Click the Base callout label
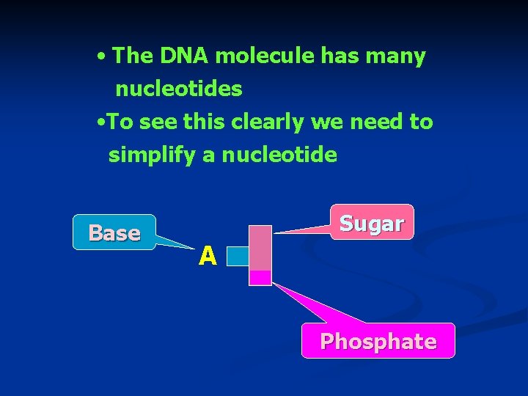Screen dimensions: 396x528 pos(114,233)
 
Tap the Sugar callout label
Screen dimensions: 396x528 pos(372,223)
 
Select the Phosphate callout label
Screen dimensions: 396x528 pos(378,342)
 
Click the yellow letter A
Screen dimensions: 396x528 pos(208,256)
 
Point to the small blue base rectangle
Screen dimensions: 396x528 pos(238,256)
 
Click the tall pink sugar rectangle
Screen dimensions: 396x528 pos(260,248)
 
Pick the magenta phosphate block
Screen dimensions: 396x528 pos(260,277)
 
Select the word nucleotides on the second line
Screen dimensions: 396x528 pos(178,89)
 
